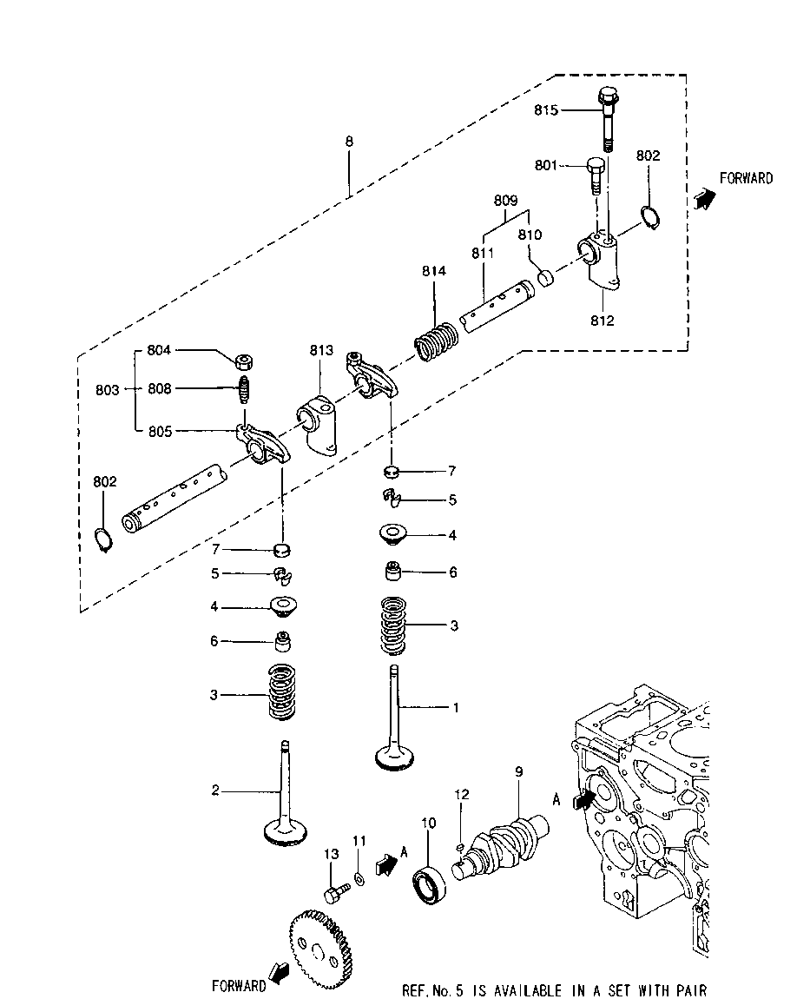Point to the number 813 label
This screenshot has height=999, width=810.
320,350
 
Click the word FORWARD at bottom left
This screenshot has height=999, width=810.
239,986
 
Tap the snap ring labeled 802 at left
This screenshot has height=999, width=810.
103,540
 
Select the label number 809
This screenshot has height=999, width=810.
506,199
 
